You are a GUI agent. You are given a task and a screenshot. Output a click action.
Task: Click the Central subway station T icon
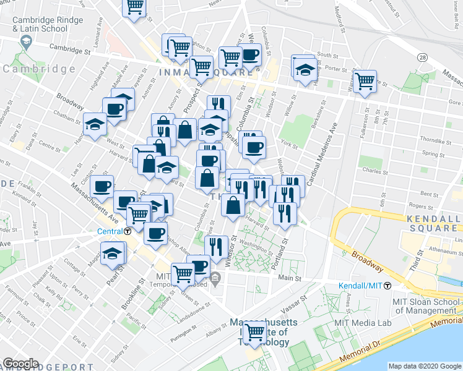click(127, 231)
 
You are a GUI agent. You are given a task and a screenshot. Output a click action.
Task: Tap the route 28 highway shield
click(422, 57)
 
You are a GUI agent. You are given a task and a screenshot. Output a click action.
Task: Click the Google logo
click(20, 364)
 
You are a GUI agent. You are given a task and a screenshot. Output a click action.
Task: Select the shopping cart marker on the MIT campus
click(254, 333)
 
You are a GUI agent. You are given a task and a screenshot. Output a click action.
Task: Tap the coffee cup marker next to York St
click(253, 147)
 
